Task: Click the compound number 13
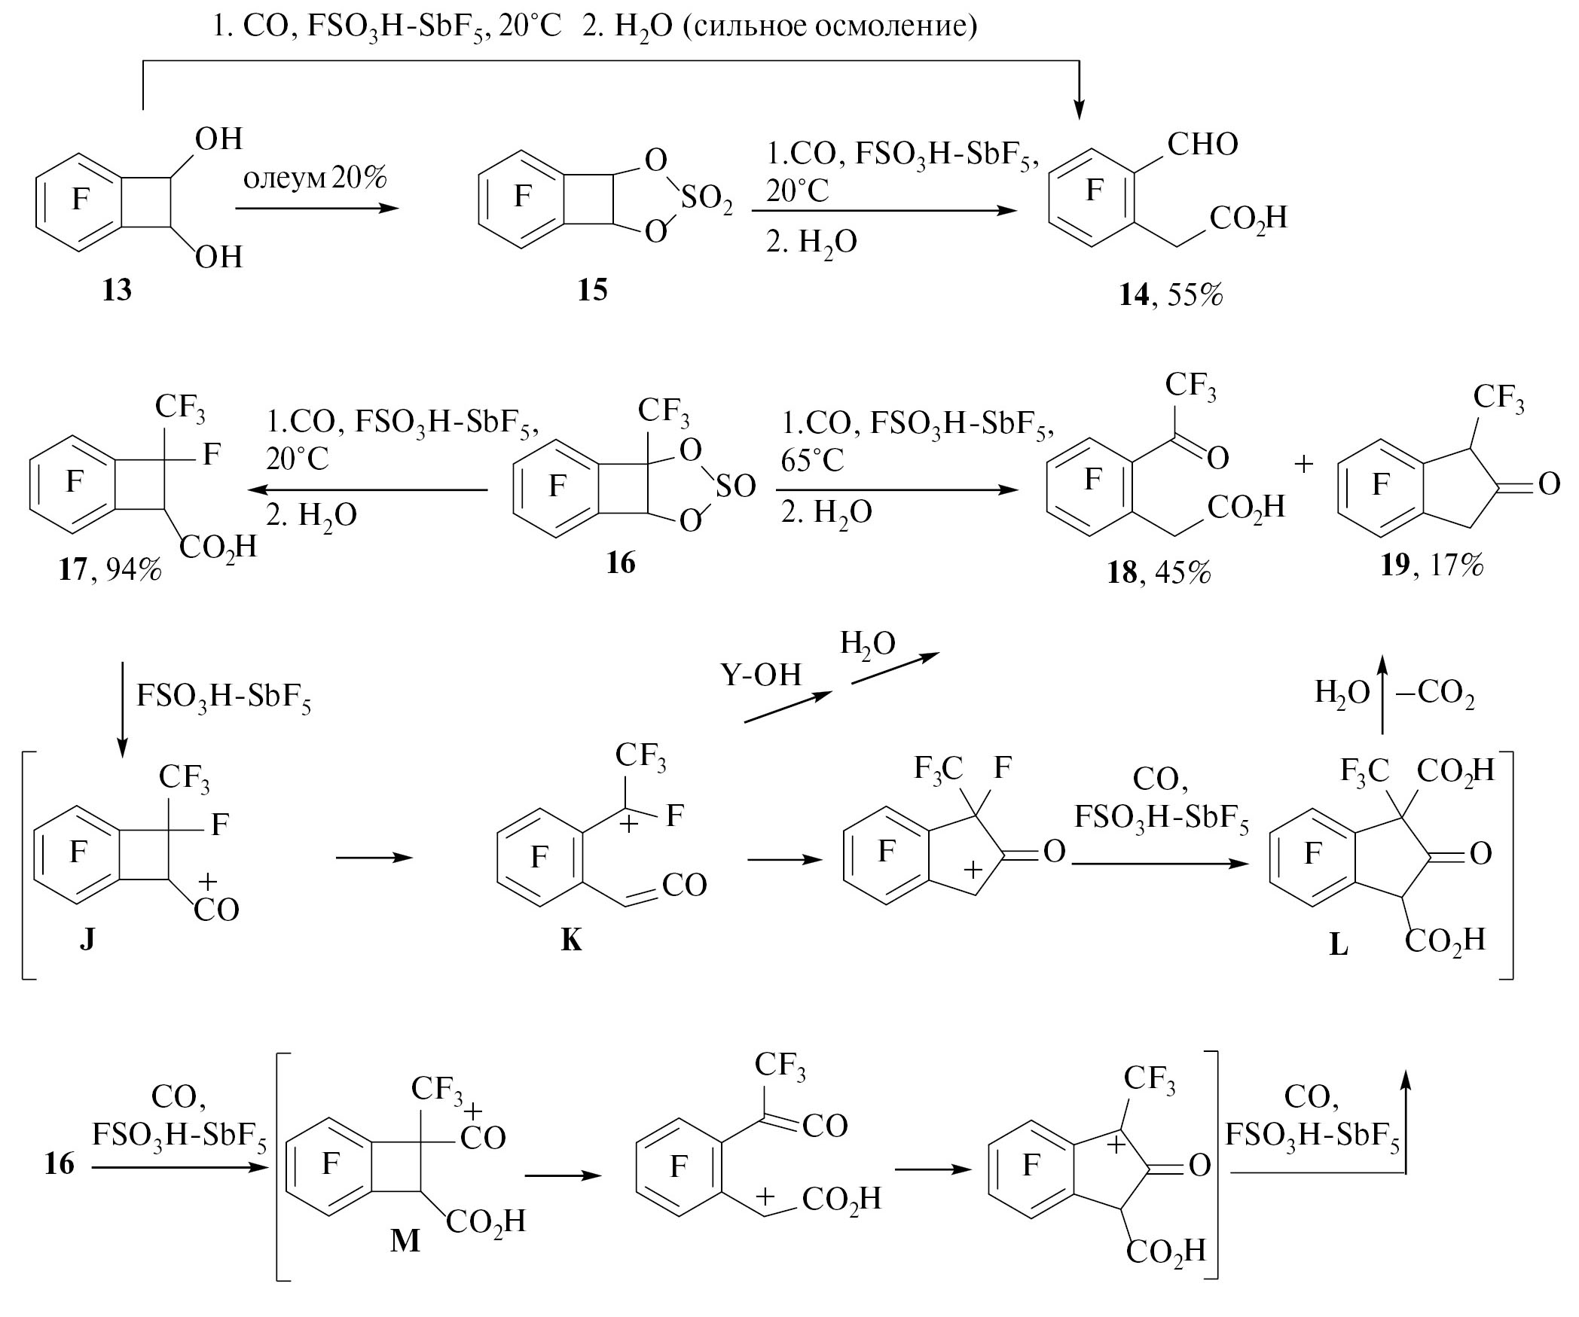coord(117,289)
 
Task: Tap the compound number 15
coord(593,289)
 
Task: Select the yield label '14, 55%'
coord(1171,294)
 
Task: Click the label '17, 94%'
coord(110,569)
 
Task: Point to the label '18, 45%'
coord(1159,573)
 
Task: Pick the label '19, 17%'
coord(1431,564)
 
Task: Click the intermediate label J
coord(87,939)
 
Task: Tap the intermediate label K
coord(571,940)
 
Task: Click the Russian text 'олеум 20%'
coord(315,179)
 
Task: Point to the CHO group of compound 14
coord(1202,144)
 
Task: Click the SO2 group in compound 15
coord(706,200)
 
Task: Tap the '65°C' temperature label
coord(813,460)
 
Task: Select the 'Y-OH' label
coord(761,675)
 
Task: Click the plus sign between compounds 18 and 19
coord(1303,465)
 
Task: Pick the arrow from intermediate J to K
coord(374,858)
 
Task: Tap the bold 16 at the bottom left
coord(59,1163)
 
